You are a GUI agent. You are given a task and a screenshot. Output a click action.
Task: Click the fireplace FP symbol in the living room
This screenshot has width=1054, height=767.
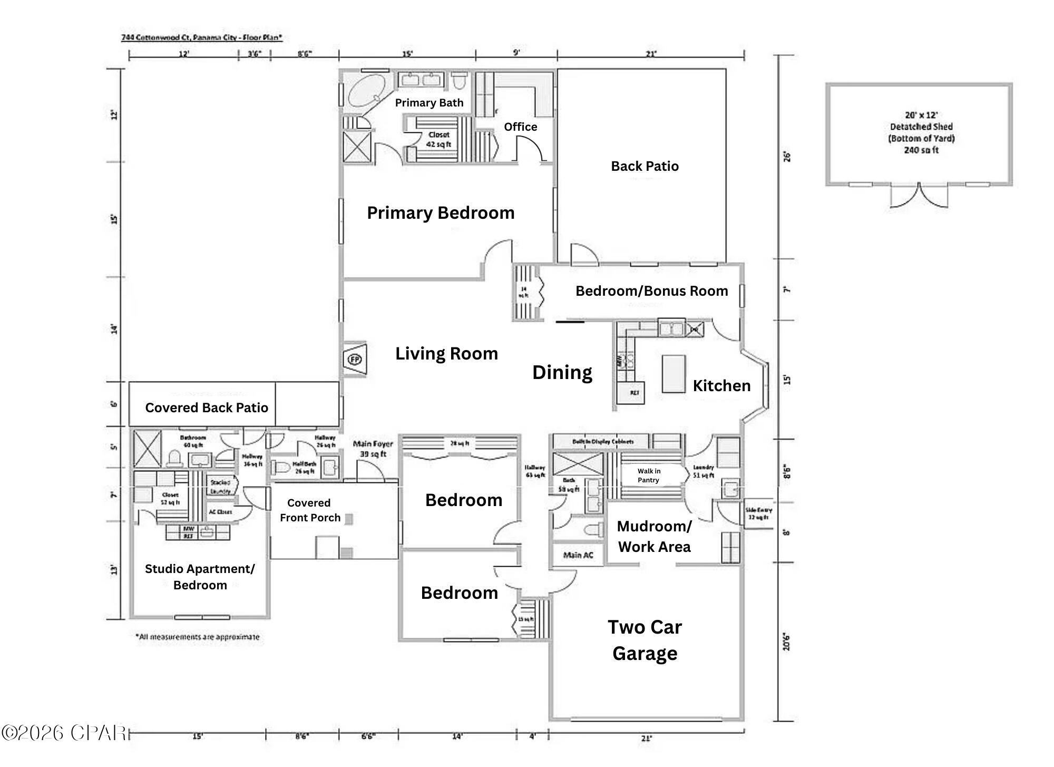(355, 360)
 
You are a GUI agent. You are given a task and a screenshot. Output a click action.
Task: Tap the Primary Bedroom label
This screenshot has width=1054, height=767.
(441, 213)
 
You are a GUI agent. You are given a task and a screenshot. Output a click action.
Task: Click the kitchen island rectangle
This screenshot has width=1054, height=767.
(674, 373)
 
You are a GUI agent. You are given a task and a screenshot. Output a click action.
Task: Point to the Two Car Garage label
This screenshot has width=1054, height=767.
(645, 640)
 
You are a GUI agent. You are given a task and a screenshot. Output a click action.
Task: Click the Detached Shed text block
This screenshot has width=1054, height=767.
(921, 132)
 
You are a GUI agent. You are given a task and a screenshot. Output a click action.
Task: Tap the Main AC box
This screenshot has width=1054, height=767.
(578, 555)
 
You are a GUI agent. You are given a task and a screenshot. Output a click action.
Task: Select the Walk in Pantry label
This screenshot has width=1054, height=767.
(648, 475)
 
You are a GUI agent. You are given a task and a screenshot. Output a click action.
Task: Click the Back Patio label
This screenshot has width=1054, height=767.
(645, 166)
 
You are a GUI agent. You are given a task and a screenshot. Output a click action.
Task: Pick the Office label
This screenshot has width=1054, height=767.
(520, 127)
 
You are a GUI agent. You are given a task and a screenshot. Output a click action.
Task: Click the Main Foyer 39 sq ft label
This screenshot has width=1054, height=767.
(373, 449)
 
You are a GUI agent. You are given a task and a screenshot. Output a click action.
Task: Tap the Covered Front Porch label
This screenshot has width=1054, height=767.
(309, 510)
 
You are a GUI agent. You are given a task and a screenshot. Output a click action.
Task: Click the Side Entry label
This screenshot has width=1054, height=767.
(758, 513)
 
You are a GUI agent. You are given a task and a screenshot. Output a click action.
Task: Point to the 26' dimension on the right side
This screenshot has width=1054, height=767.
(787, 157)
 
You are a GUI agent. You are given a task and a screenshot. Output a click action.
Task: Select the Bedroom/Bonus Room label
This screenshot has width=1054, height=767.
(651, 291)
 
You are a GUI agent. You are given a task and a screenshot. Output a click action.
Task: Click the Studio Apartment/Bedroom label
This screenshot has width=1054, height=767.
(200, 577)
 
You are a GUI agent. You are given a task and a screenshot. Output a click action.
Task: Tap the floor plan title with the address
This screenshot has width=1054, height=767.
(202, 37)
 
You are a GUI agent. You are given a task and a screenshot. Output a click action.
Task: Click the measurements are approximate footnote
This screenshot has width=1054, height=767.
(198, 637)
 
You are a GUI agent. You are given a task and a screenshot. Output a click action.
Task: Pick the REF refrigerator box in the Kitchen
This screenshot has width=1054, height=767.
(635, 393)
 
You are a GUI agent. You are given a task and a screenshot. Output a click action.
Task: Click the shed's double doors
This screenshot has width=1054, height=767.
(919, 196)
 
